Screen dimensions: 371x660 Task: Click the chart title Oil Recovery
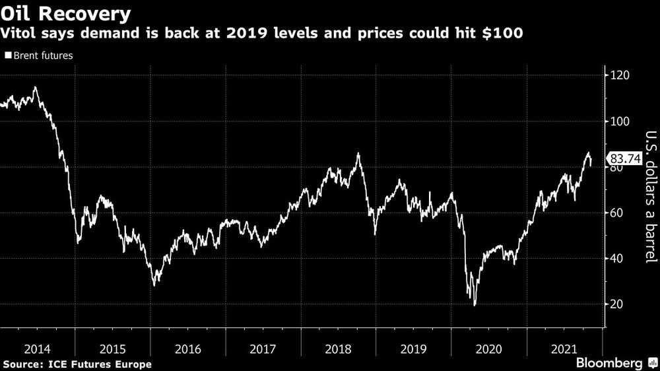[65, 13]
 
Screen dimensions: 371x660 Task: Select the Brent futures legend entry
[39, 56]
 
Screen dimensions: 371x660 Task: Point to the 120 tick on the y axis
[619, 76]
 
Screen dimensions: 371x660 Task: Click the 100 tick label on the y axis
[619, 121]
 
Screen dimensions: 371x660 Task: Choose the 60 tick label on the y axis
[616, 213]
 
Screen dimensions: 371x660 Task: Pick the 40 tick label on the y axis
[616, 259]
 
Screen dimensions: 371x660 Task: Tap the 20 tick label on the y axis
[616, 304]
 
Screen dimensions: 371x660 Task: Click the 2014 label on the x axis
[37, 349]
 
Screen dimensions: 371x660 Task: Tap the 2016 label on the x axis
[187, 349]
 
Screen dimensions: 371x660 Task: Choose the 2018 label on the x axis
[338, 349]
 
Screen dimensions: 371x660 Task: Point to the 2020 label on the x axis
[488, 349]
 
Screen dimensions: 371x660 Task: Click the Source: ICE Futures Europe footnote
[77, 364]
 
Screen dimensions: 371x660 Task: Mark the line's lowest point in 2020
[475, 305]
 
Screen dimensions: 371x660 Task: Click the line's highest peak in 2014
[35, 87]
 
